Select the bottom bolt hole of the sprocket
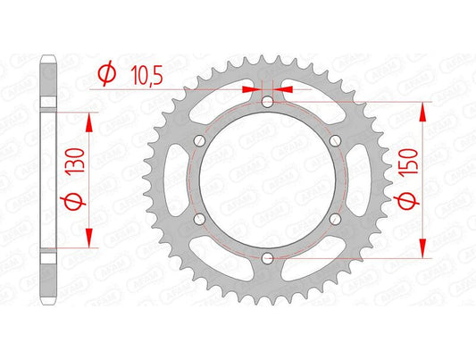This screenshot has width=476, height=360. pos(266,258)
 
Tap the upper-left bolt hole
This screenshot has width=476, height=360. pos(199,141)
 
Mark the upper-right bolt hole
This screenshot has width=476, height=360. pos(333,141)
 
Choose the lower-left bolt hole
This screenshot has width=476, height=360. pos(199,219)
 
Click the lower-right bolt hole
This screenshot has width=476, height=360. pos(333,219)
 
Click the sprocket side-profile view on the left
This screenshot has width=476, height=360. pos(49,179)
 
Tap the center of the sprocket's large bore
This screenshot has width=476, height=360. pos(266,180)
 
